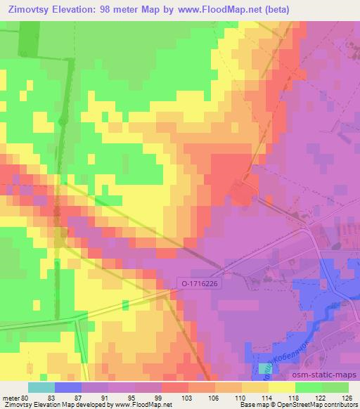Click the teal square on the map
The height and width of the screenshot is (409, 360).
265,368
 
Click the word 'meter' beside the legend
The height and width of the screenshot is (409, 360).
11,397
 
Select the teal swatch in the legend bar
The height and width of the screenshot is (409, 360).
41,387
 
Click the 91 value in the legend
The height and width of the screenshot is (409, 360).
108,397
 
